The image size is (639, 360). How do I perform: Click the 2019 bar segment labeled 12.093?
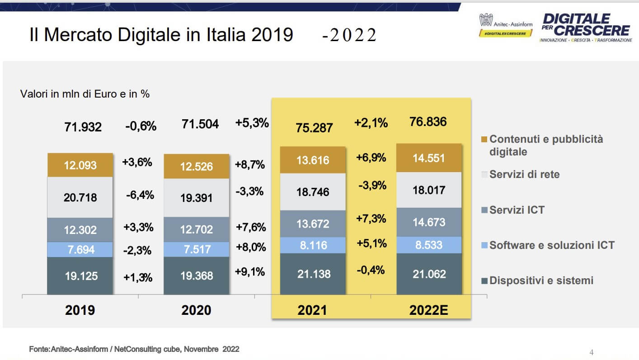click(80, 165)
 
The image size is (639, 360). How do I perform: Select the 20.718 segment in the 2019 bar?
click(80, 197)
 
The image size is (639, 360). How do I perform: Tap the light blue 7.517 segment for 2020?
click(196, 249)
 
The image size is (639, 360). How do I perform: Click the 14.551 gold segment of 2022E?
click(428, 158)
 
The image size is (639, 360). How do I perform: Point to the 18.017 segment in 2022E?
click(428, 190)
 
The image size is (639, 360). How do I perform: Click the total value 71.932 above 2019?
click(83, 127)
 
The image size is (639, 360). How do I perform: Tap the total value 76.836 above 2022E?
click(428, 122)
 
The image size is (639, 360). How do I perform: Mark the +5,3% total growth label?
click(252, 123)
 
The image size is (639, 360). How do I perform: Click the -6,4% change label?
click(140, 195)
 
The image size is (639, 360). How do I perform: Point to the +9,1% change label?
click(250, 272)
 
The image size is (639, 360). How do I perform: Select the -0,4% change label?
click(371, 270)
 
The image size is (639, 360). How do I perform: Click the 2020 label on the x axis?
click(196, 310)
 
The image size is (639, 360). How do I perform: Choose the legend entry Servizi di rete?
click(524, 174)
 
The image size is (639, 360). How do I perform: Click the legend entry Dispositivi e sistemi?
click(541, 281)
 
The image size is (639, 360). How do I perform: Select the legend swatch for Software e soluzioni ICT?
click(484, 246)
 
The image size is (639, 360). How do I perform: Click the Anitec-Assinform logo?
click(506, 25)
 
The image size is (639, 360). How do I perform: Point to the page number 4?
click(592, 352)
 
